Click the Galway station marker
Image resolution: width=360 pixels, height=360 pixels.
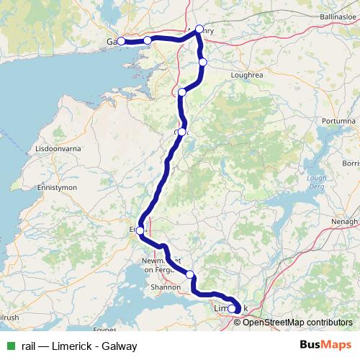tap(121, 41)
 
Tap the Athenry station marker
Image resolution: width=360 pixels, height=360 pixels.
tap(199, 30)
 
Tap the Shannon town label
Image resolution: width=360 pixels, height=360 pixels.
tap(166, 287)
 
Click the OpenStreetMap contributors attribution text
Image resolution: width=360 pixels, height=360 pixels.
tap(297, 323)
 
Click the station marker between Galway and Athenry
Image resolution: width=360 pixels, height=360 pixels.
tap(148, 40)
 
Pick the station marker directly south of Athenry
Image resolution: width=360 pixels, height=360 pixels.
tap(203, 63)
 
